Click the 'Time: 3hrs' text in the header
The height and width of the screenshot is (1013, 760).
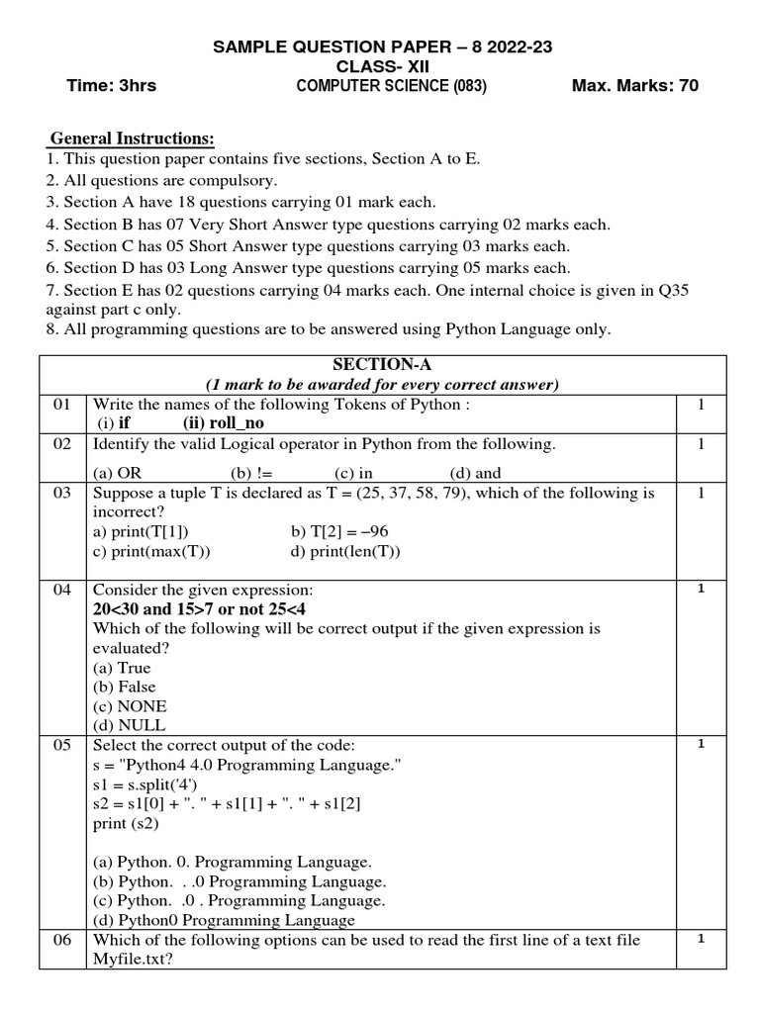pyautogui.click(x=111, y=86)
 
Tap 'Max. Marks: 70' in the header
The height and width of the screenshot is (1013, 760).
pyautogui.click(x=634, y=86)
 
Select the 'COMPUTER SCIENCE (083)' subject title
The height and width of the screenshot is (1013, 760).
pyautogui.click(x=391, y=86)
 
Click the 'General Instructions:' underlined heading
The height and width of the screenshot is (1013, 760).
pyautogui.click(x=132, y=138)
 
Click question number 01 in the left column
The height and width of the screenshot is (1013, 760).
pyautogui.click(x=62, y=405)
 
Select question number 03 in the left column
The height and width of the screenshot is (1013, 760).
pyautogui.click(x=62, y=493)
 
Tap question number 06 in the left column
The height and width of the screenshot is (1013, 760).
pyautogui.click(x=62, y=940)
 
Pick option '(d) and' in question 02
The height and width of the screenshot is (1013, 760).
pyautogui.click(x=475, y=473)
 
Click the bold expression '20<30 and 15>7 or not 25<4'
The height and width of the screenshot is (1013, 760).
pyautogui.click(x=199, y=609)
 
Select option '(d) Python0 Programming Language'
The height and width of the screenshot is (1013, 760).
pyautogui.click(x=223, y=920)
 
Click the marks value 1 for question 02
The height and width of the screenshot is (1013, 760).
pyautogui.click(x=700, y=444)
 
